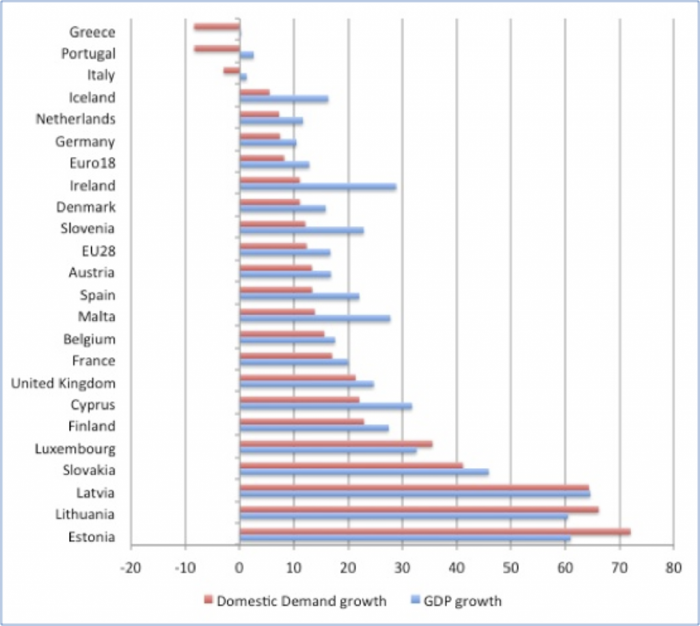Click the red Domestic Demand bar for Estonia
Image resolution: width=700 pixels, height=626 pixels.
435,532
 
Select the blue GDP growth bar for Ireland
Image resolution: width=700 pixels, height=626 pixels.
318,187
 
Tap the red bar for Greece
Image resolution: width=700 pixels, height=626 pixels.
217,27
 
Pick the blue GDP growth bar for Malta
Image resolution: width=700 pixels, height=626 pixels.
315,318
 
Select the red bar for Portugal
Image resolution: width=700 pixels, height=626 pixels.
217,49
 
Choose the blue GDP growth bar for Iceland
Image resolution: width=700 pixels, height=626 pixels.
284,99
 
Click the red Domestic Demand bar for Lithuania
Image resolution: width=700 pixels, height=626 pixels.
419,509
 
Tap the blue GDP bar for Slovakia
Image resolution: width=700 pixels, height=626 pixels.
364,472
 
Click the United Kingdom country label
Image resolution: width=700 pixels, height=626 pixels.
63,383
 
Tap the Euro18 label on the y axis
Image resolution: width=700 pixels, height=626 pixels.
92,163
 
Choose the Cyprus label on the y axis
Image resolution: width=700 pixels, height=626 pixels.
92,405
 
